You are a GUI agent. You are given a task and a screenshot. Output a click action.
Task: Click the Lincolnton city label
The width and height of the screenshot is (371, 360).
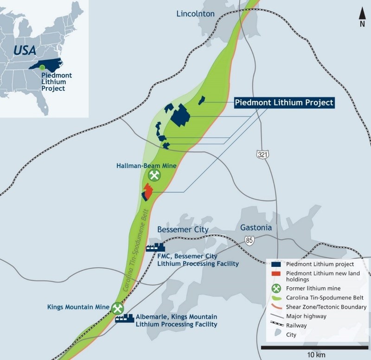195,13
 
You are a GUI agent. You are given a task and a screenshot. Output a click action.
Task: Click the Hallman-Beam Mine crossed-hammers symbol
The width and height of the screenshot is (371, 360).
154,175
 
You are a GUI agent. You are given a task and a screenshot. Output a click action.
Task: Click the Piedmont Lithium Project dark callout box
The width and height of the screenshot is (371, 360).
284,103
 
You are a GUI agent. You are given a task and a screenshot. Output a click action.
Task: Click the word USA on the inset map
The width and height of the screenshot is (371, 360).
24,50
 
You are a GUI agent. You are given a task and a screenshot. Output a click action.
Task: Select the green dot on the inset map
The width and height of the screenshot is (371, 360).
42,68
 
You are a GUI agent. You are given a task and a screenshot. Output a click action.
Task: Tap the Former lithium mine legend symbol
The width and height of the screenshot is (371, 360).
275,288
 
